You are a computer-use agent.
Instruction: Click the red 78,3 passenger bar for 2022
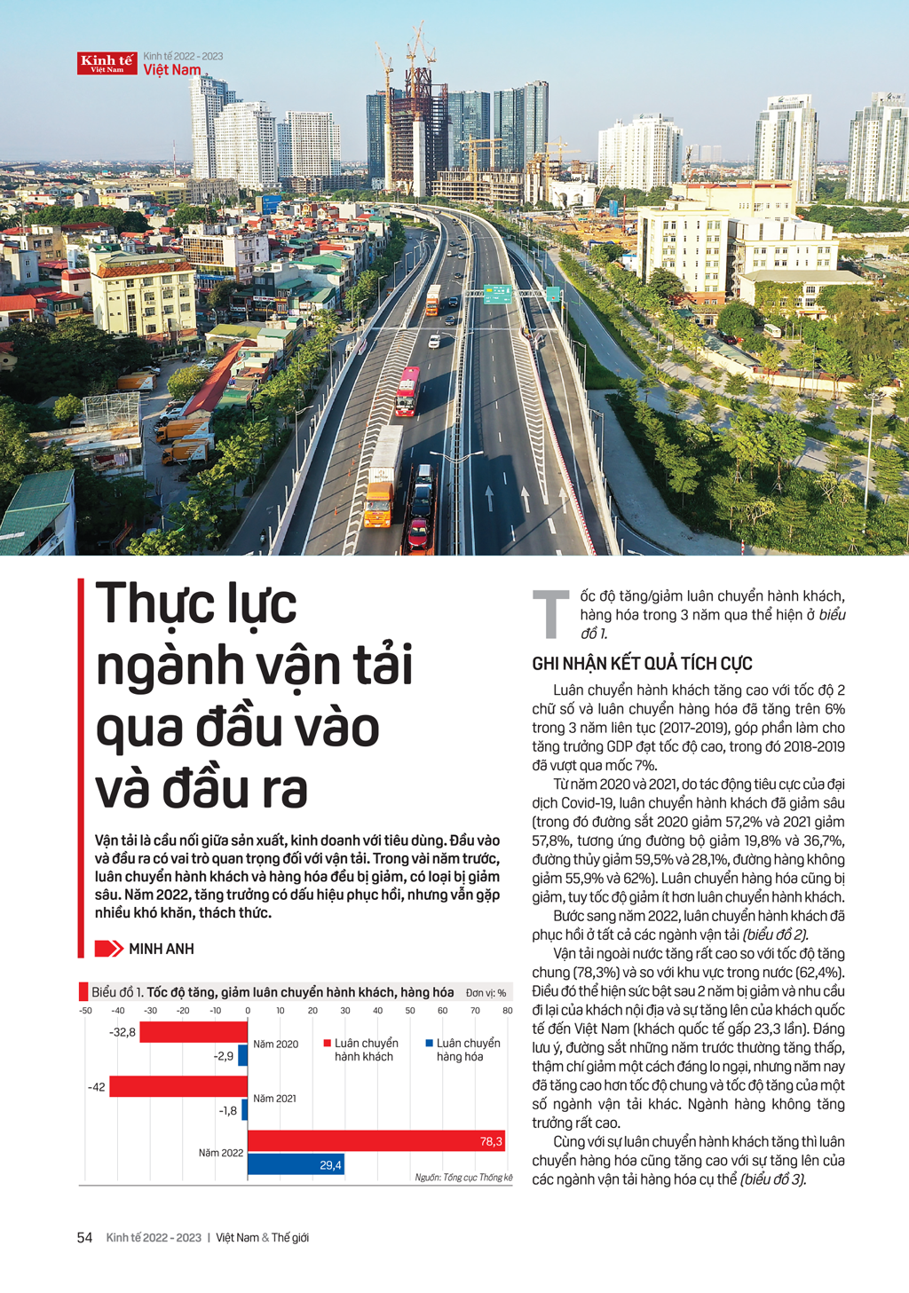pos(375,1141)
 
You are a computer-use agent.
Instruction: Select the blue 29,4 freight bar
pos(296,1164)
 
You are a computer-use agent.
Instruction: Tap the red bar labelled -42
pos(178,1086)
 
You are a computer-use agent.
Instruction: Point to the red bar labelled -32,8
pos(194,1032)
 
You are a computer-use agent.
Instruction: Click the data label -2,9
pos(224,1056)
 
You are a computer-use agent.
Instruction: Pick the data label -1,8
pos(228,1110)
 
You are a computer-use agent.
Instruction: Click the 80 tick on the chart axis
pos(507,1011)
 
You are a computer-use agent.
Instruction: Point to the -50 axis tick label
pos(85,1011)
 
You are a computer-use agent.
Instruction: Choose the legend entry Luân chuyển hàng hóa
pos(462,1050)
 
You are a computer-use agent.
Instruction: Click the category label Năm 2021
pos(274,1099)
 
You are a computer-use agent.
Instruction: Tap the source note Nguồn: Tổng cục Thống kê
pos(463,1178)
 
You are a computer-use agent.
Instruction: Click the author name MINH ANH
pos(161,949)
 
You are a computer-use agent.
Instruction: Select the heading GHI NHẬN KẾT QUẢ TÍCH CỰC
pos(642,664)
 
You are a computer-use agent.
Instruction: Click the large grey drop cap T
pos(550,613)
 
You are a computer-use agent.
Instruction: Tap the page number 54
pos(84,1237)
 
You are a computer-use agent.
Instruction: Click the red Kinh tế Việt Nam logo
pos(107,63)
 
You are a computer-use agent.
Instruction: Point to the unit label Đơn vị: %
pos(486,993)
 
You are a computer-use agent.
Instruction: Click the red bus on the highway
pos(407,390)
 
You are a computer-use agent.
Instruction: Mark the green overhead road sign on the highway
pos(497,295)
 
